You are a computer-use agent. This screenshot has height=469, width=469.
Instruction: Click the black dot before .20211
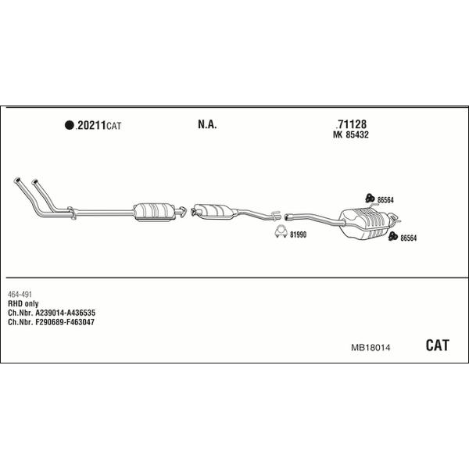pos(69,125)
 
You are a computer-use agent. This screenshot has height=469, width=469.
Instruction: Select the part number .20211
pos(91,125)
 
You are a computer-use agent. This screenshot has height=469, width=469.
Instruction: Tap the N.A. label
pos(207,124)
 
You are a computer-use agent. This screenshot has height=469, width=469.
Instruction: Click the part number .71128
pos(351,124)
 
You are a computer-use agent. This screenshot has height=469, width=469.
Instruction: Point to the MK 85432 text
pos(350,134)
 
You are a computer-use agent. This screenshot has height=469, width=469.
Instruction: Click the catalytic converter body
pos(154,212)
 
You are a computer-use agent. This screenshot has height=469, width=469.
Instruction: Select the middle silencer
pos(214,212)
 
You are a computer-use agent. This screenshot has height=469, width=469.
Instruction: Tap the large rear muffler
pos(366,223)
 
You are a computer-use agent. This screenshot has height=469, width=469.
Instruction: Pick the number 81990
pos(299,234)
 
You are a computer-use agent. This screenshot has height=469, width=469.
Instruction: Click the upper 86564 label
pos(385,200)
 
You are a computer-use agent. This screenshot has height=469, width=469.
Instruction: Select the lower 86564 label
pos(408,238)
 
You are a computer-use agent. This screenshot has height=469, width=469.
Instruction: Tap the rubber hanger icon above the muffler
pos(370,198)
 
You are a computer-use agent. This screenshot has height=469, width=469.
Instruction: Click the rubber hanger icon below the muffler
pos(392,236)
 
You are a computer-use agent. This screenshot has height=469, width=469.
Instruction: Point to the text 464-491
pos(20,295)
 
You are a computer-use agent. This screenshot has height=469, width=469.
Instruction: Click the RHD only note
pos(23,304)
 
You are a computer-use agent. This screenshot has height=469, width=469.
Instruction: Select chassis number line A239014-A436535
pos(52,313)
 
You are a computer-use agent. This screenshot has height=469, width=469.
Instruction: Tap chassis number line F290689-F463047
pos(51,322)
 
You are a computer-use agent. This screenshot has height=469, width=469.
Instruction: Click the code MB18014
pos(371,348)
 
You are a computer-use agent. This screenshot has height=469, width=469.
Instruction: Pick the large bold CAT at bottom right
pos(437,345)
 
